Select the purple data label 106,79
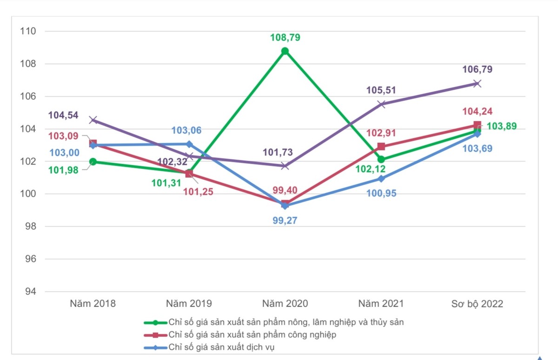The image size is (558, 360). coord(477,70)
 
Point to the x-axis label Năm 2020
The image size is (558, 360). coord(285,304)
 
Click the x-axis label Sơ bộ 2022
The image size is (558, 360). coord(477,304)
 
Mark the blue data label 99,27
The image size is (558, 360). coord(285,220)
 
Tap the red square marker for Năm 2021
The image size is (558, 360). coord(381,147)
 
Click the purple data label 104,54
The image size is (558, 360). coord(63,115)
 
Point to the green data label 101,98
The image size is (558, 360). coord(63,170)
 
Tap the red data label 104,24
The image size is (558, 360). coord(477,112)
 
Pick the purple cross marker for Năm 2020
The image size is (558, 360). coord(285,166)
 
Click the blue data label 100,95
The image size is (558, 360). coord(381,193)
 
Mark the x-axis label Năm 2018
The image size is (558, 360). coord(93,304)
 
